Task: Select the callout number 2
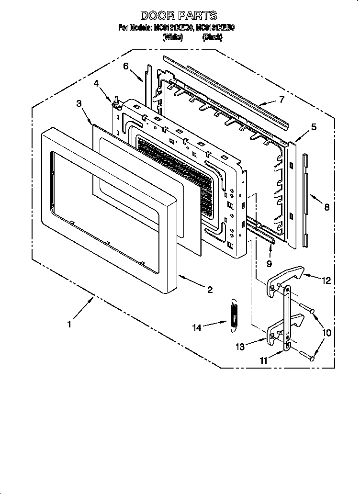click(209, 289)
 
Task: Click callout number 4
click(96, 83)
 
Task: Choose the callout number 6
click(126, 66)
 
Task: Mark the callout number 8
click(326, 207)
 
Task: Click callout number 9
click(269, 263)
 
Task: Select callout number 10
click(327, 332)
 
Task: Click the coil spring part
click(234, 314)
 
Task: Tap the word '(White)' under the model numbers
click(173, 37)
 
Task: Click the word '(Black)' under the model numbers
click(212, 37)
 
